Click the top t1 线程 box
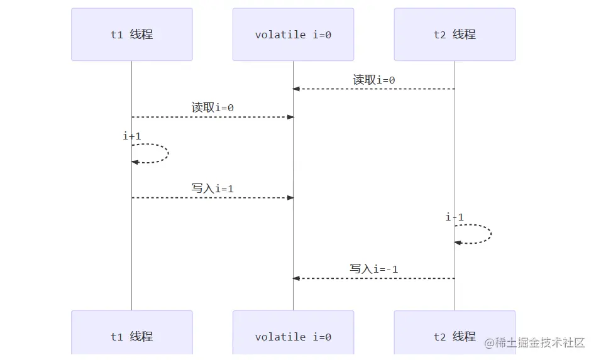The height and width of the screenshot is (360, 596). (x=131, y=35)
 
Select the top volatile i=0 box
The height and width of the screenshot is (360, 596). (x=293, y=35)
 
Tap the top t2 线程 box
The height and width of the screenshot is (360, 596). (x=455, y=35)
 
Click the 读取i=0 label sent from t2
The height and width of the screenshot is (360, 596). (x=374, y=80)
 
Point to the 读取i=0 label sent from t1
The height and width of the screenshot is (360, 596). (x=212, y=107)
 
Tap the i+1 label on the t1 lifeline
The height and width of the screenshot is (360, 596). (x=132, y=136)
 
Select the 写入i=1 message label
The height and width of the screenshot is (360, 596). (x=212, y=188)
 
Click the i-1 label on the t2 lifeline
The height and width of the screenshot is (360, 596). (x=455, y=217)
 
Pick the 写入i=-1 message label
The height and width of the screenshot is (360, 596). (x=374, y=269)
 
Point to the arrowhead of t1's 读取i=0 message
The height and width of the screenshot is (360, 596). (x=290, y=117)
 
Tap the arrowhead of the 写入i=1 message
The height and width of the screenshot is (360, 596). (x=290, y=198)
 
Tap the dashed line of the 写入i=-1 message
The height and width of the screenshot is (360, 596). (x=377, y=278)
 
